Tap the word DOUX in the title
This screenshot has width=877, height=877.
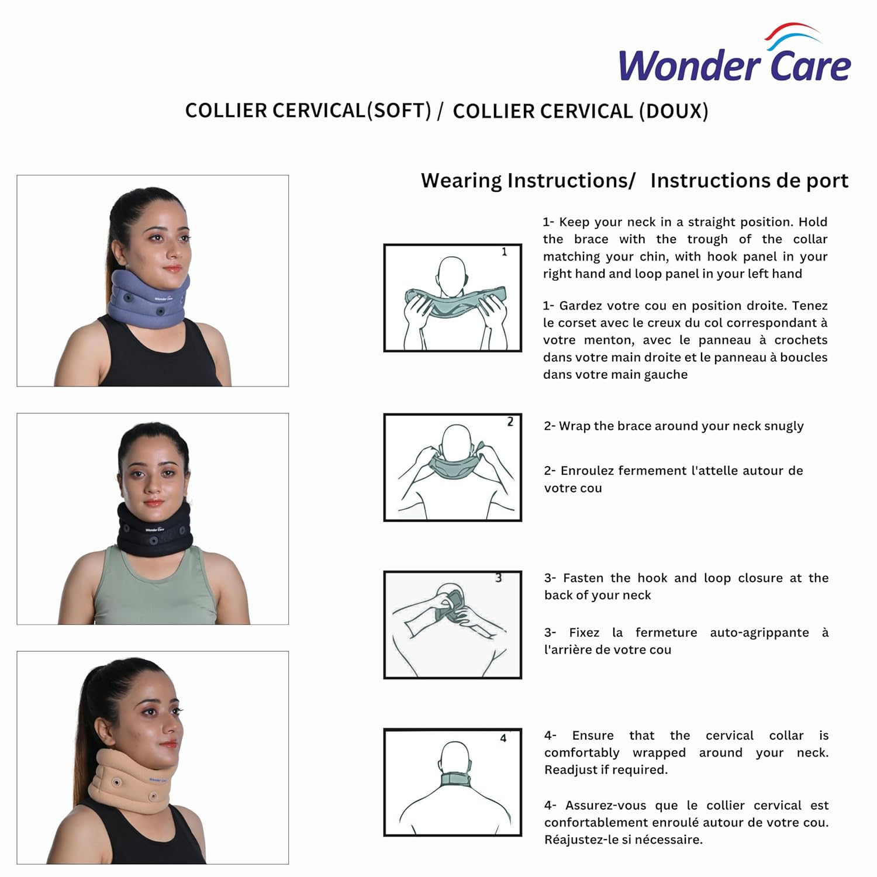674,111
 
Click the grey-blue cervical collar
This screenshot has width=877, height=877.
149,299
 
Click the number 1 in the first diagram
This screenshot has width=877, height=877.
504,252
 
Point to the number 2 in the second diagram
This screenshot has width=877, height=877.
510,422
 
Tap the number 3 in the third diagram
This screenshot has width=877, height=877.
498,578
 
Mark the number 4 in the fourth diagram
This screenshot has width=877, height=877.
503,738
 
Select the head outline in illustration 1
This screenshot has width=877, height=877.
452,275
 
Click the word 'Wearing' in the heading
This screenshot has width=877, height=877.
460,181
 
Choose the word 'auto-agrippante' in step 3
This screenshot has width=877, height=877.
759,633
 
